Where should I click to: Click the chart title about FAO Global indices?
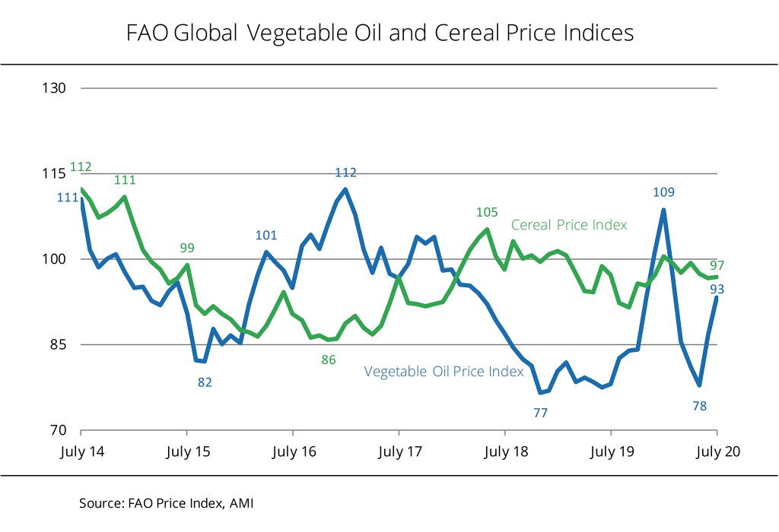point(378,33)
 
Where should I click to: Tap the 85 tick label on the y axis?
point(56,344)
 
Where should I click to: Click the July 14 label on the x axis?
point(81,451)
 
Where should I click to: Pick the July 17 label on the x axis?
point(399,451)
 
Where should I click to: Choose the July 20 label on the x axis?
point(717,451)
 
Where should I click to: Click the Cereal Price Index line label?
point(569,225)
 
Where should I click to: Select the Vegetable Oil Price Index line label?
point(444,372)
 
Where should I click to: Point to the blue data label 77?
point(541,413)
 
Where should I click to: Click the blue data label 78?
point(700,406)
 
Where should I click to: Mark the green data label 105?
point(486,212)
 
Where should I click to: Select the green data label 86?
point(328,359)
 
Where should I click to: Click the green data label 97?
point(717,266)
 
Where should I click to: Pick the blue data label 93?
point(717,289)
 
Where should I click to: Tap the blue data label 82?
point(205,382)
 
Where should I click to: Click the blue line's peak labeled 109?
point(664,211)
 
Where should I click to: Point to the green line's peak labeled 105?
point(487,229)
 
